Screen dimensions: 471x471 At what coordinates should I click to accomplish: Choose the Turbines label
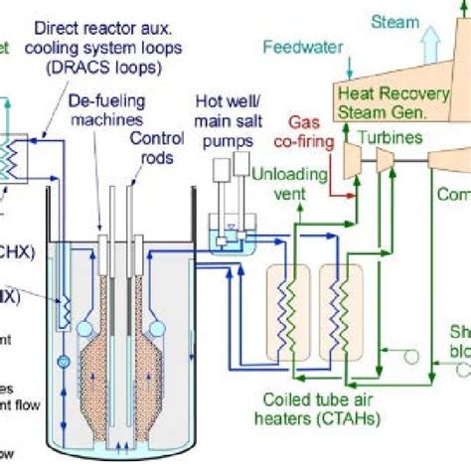point(387,135)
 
